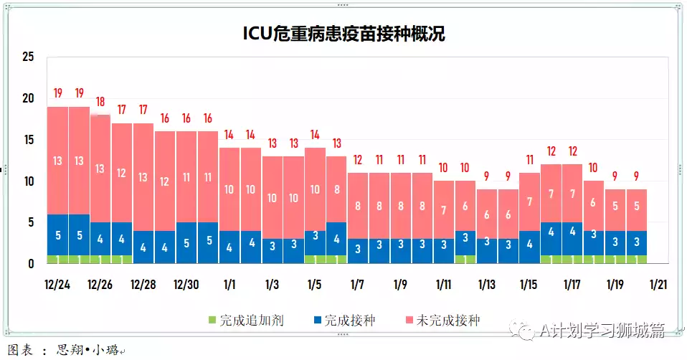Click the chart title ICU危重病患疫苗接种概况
point(343,34)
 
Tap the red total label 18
point(100,101)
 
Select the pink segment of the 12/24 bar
point(57,161)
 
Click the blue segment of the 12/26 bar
point(100,239)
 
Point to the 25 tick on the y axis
point(28,57)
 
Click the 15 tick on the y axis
point(28,140)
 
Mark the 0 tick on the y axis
point(31,264)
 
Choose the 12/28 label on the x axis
point(143,285)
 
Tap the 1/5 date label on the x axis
point(315,285)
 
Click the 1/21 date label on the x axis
point(658,285)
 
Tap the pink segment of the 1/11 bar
point(444,210)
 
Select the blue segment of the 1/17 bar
point(572,232)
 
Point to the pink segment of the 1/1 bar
point(229,189)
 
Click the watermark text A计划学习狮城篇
point(601,330)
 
